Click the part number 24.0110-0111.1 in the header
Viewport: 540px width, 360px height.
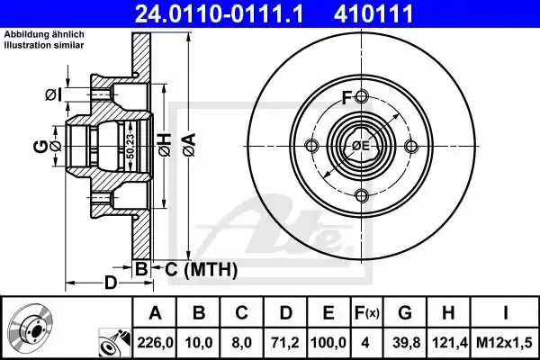219,13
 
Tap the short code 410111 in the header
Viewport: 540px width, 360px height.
373,13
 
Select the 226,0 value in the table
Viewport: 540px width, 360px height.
155,343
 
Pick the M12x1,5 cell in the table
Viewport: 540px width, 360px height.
505,343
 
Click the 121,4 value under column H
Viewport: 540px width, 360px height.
448,343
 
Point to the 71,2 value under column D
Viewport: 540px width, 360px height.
285,343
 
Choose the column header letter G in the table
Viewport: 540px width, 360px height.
405,313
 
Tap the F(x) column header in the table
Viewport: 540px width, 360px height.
367,313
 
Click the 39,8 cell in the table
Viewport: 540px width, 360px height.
405,343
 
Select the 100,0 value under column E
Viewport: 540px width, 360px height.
328,343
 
